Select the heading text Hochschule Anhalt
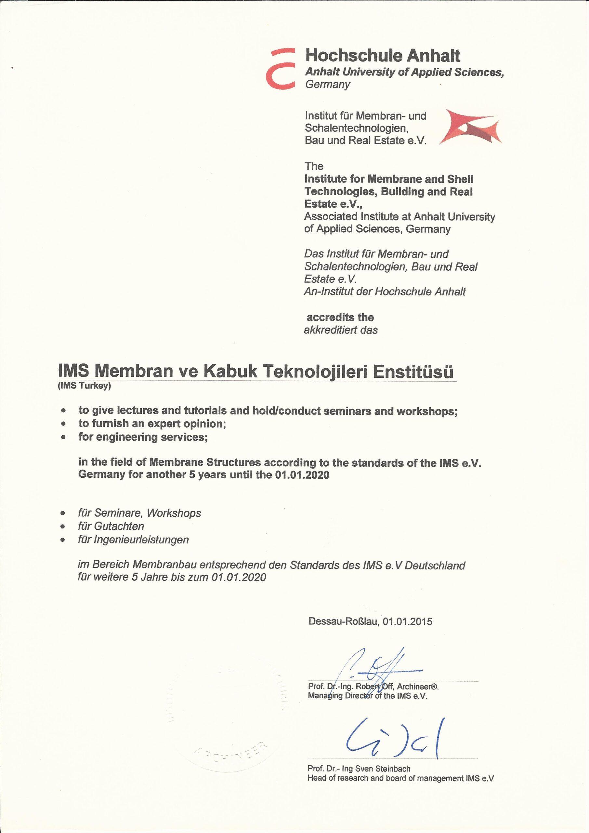[x=383, y=56]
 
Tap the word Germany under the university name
[x=328, y=85]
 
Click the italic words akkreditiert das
[x=341, y=330]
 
